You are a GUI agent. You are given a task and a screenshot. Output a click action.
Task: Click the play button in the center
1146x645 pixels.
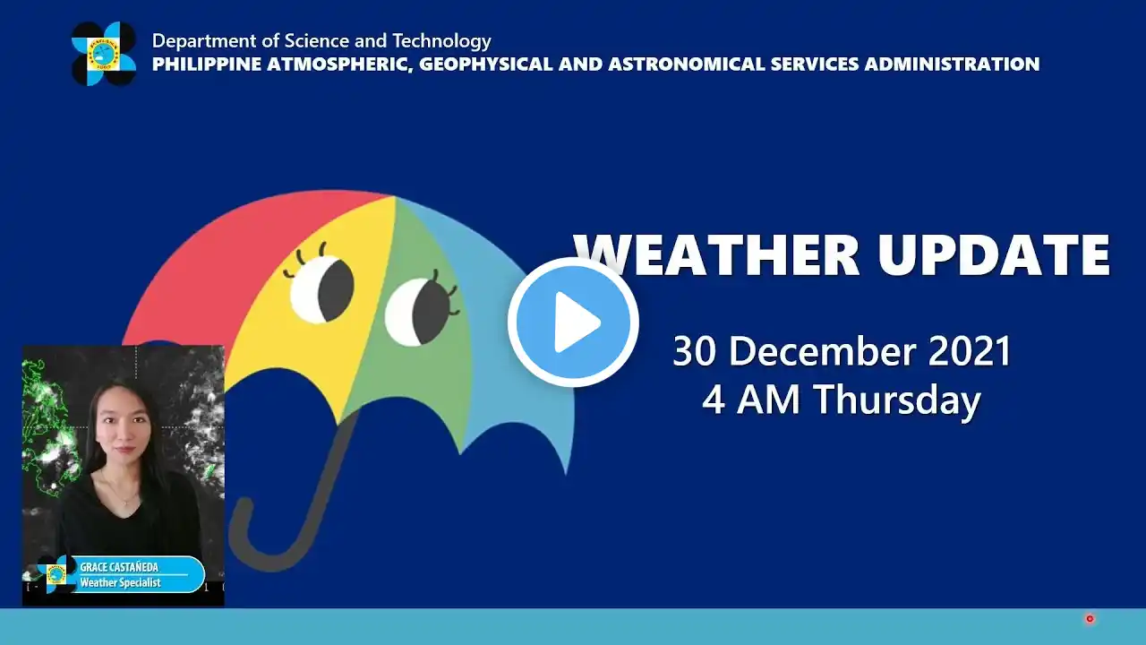573,322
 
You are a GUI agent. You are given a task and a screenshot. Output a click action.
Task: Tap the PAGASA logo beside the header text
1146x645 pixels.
104,53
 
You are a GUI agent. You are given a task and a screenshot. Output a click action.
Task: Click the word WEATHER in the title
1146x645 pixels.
716,255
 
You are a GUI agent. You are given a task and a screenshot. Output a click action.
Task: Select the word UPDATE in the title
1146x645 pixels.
994,255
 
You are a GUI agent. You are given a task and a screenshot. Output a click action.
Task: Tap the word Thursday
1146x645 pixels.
897,400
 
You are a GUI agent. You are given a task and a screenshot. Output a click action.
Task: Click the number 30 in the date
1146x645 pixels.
694,351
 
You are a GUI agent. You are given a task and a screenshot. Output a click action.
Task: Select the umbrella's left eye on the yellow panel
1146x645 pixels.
321,288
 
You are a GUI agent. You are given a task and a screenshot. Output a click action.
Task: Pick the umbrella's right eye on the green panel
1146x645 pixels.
417,311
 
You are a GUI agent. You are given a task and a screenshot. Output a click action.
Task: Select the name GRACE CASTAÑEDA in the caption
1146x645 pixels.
119,567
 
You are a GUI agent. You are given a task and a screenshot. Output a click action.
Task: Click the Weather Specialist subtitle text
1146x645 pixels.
121,582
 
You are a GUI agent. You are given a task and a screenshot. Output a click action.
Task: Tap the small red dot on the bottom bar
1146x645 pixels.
1090,619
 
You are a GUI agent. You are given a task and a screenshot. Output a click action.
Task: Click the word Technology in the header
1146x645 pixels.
441,41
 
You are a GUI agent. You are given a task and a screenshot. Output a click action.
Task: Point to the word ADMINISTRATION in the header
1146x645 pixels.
952,64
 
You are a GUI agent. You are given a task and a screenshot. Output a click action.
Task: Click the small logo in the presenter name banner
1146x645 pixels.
56,574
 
